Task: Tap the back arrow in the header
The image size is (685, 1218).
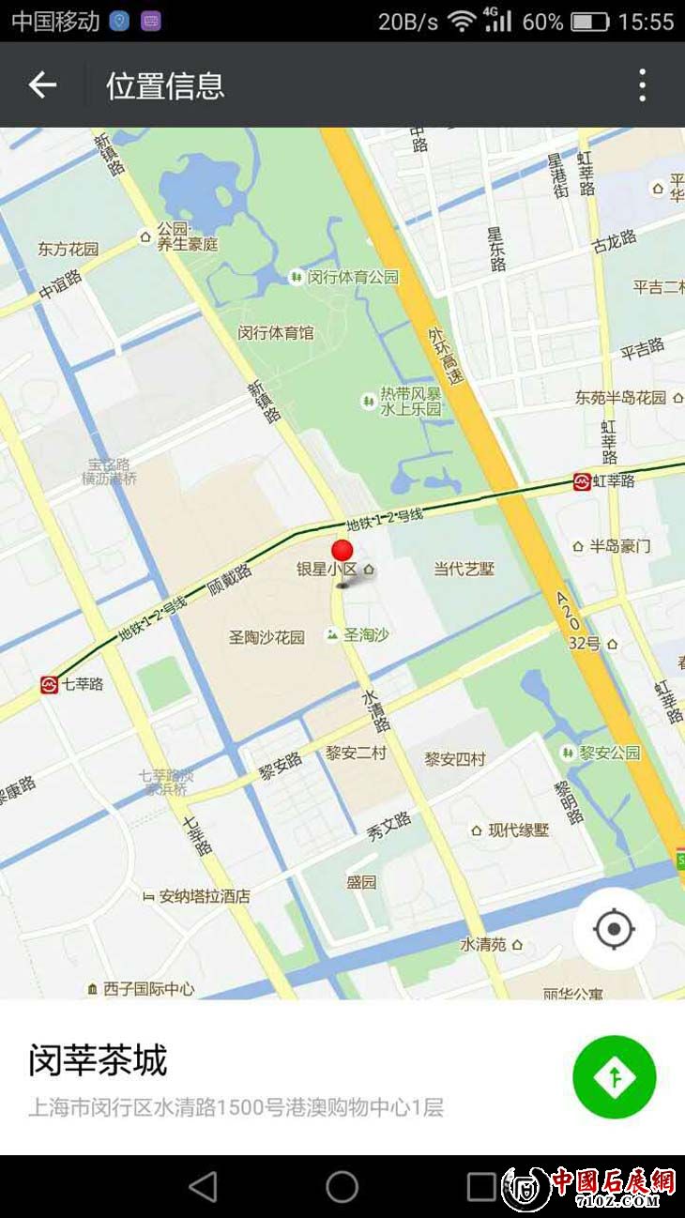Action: [x=42, y=85]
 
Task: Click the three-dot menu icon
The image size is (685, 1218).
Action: [x=642, y=85]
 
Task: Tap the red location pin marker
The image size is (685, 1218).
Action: [x=344, y=552]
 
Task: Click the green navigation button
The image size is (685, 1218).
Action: [x=615, y=1077]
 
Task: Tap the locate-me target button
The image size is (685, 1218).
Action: [x=615, y=929]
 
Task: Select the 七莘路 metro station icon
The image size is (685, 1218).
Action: [x=49, y=685]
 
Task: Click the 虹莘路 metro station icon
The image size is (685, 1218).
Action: [x=583, y=481]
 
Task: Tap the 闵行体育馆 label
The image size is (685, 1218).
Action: [x=276, y=332]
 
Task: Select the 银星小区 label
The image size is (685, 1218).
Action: [x=327, y=569]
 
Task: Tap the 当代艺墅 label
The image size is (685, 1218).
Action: [x=464, y=569]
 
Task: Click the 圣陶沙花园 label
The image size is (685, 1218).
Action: [x=266, y=637]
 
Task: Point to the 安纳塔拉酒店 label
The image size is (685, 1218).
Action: [x=205, y=896]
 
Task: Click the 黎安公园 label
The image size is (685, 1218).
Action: [x=609, y=753]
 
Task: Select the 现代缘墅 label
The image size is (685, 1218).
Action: [x=518, y=830]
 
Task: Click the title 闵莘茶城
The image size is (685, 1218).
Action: [x=98, y=1061]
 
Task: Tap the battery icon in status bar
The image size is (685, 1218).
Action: [x=590, y=22]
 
